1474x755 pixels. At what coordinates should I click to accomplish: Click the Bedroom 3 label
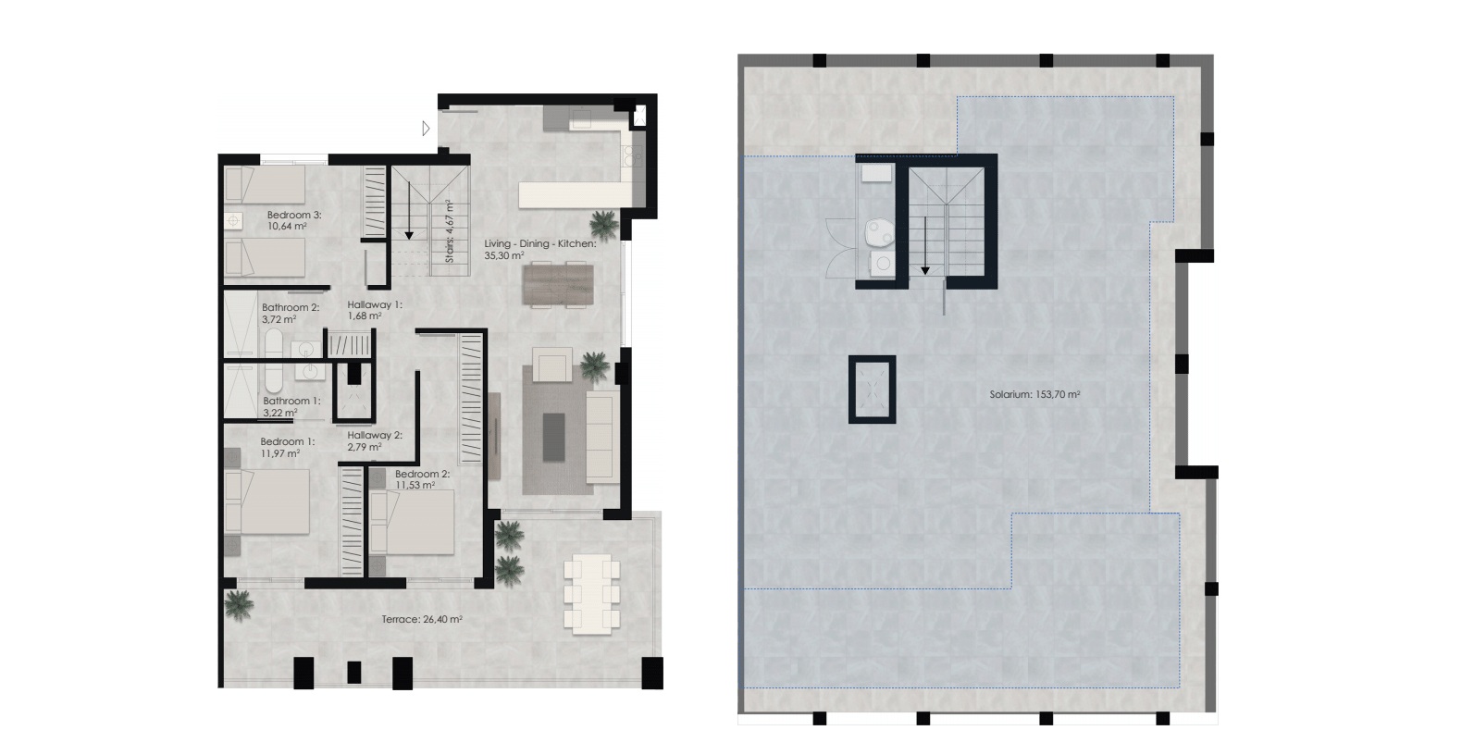point(293,216)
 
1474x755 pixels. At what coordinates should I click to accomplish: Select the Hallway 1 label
point(375,304)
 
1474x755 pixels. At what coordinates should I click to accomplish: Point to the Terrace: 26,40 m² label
point(422,619)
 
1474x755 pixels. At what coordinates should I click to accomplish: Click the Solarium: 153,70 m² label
point(1034,395)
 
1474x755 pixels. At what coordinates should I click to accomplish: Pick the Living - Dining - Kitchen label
point(540,243)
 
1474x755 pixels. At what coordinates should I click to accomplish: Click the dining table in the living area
point(558,284)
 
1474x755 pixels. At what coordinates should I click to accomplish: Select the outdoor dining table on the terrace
point(591,594)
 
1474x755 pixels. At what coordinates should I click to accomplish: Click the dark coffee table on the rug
point(554,437)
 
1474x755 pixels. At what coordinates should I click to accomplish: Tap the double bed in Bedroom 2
point(412,522)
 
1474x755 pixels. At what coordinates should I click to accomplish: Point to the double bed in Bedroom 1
point(267,501)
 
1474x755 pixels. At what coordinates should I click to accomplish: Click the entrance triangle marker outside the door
point(426,129)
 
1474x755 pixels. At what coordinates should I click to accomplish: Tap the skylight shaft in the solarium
point(872,390)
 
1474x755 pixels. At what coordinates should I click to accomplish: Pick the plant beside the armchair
point(595,366)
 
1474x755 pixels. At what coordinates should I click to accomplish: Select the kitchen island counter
point(576,195)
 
